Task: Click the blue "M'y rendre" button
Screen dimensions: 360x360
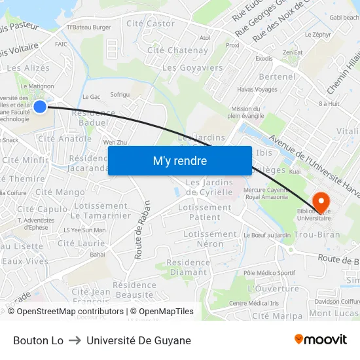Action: pyautogui.click(x=179, y=161)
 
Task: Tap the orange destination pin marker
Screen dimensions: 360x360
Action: pyautogui.click(x=321, y=200)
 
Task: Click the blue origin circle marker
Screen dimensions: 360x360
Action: pyautogui.click(x=39, y=106)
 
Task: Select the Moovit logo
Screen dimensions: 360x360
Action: pyautogui.click(x=320, y=340)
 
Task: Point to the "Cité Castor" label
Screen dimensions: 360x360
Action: pyautogui.click(x=151, y=24)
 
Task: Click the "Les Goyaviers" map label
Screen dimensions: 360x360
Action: pyautogui.click(x=192, y=67)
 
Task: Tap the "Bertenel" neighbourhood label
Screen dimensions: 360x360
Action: pyautogui.click(x=278, y=77)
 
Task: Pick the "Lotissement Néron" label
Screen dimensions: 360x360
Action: pyautogui.click(x=210, y=239)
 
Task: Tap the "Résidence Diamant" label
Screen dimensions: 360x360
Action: pyautogui.click(x=188, y=267)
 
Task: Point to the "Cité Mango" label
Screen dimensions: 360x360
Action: pyautogui.click(x=60, y=192)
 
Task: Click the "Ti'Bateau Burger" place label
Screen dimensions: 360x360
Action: pyautogui.click(x=89, y=27)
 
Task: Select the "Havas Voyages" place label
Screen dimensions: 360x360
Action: pyautogui.click(x=257, y=90)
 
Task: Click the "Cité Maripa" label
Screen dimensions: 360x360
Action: pyautogui.click(x=278, y=315)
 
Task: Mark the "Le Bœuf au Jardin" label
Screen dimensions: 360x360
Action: pyautogui.click(x=267, y=235)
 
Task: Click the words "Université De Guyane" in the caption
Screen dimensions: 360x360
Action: pyautogui.click(x=139, y=340)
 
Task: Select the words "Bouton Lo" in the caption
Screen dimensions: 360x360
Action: pyautogui.click(x=39, y=340)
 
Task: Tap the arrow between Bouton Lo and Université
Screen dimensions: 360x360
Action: pyautogui.click(x=75, y=340)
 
